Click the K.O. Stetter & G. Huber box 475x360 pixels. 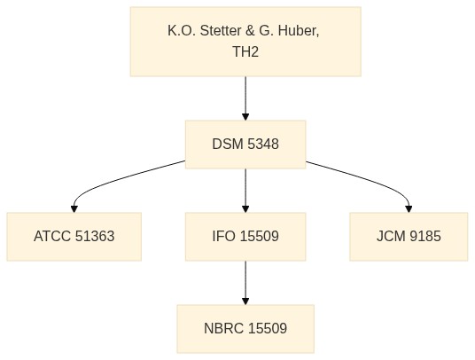pos(245,42)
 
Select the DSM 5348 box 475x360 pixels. pos(245,145)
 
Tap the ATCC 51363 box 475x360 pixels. pos(74,237)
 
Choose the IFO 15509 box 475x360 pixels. pos(245,237)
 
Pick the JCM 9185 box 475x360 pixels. pos(409,237)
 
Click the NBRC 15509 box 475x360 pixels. pos(245,329)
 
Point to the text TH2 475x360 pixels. pos(245,51)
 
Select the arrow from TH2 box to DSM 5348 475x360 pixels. pos(245,98)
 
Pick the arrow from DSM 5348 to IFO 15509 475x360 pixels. pos(245,191)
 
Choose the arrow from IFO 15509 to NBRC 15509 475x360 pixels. pos(245,283)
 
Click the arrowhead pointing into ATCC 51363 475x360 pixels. pos(74,209)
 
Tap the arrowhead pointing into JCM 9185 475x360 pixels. pos(409,209)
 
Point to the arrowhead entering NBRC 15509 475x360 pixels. pos(245,301)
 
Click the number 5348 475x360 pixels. pos(262,145)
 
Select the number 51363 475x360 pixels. pos(95,237)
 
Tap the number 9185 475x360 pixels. pos(425,237)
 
